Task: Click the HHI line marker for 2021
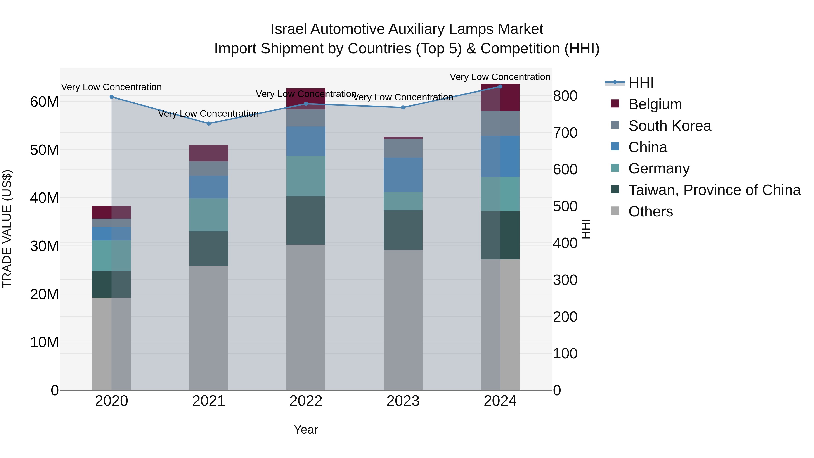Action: (x=208, y=123)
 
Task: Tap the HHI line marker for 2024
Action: (x=500, y=87)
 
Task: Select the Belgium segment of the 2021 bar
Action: (x=208, y=153)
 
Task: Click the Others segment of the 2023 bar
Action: (x=403, y=319)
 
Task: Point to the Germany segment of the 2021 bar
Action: (x=208, y=215)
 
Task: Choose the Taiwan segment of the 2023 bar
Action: (x=403, y=230)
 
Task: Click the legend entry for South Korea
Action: (x=669, y=126)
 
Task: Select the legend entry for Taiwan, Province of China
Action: (x=714, y=190)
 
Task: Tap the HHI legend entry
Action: (x=641, y=83)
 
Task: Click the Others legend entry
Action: (x=650, y=211)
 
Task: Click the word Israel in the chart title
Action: (x=288, y=29)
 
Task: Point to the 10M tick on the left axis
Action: (x=44, y=342)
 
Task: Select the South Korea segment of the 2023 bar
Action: (x=403, y=148)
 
